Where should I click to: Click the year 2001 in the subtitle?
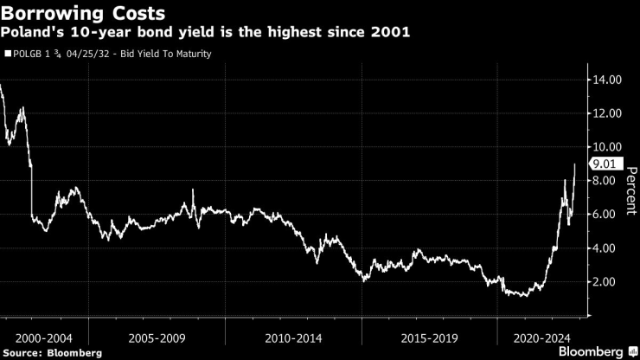click(393, 33)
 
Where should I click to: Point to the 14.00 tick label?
click(605, 80)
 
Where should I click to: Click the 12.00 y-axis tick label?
click(605, 113)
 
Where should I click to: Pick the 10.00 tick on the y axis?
click(605, 147)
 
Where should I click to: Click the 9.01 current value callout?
click(602, 164)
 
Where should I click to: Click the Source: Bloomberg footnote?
click(52, 352)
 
